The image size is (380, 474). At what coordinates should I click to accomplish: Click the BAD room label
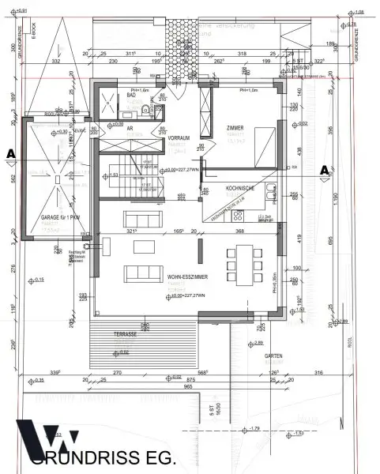tap(132, 94)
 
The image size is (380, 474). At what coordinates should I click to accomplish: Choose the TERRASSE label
tap(103, 335)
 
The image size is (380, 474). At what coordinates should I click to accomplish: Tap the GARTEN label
tap(273, 355)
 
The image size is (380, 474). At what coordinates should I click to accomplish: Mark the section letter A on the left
tap(10, 152)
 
